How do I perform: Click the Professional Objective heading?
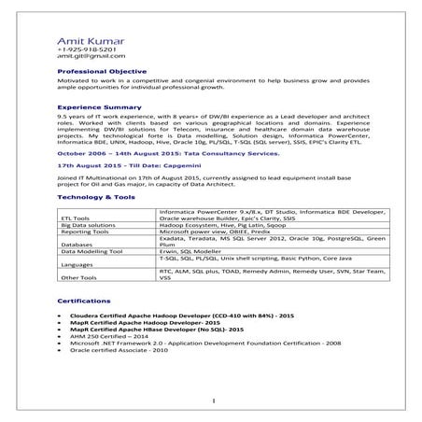102,71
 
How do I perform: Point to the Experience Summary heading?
99,107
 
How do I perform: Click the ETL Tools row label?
76,218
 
